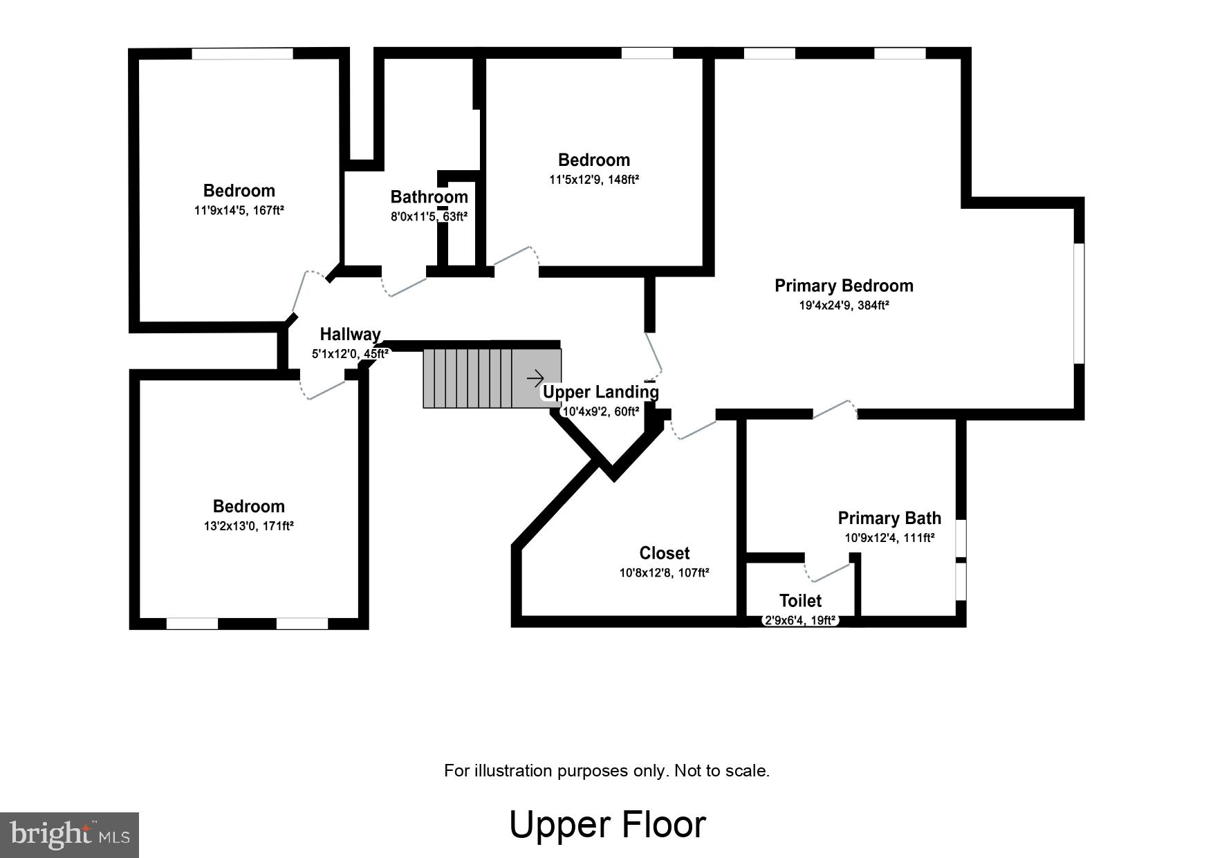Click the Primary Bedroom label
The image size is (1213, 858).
(843, 286)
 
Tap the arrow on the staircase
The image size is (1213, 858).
(535, 378)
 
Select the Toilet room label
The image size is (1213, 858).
(800, 600)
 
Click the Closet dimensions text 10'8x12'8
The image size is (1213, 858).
(664, 572)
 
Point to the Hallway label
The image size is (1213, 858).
(350, 335)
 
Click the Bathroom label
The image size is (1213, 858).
(429, 197)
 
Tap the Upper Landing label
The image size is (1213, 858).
(600, 392)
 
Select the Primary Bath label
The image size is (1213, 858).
(889, 518)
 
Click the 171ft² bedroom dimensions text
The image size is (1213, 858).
(248, 525)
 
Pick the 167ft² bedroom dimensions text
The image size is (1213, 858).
(239, 210)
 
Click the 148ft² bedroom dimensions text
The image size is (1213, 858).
(593, 179)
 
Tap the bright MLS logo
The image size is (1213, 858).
(70, 834)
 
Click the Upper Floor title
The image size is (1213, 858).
(607, 824)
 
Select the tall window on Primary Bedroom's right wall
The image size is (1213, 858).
(1078, 303)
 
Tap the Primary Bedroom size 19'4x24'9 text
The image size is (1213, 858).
(843, 305)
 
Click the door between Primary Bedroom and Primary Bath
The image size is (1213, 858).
(834, 410)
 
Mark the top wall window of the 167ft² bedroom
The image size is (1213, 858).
(242, 53)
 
